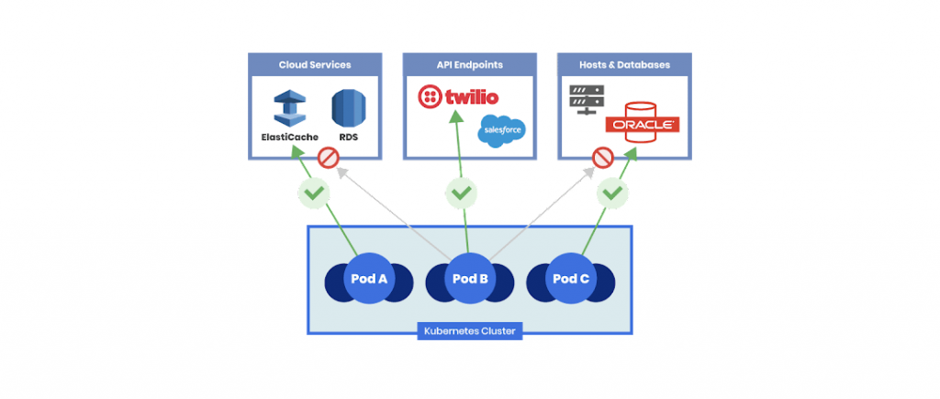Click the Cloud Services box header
coord(314,65)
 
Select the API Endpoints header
coord(469,65)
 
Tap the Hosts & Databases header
coord(624,65)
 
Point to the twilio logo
coord(459,97)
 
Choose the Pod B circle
coord(470,278)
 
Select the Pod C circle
coord(571,278)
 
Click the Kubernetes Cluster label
coord(470,331)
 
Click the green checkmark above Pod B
coord(461,193)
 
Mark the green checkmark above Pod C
coord(611,194)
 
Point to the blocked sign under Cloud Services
coord(329,158)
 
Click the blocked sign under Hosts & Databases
coord(602,158)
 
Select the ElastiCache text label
coord(289,138)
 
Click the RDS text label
coord(349,138)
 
